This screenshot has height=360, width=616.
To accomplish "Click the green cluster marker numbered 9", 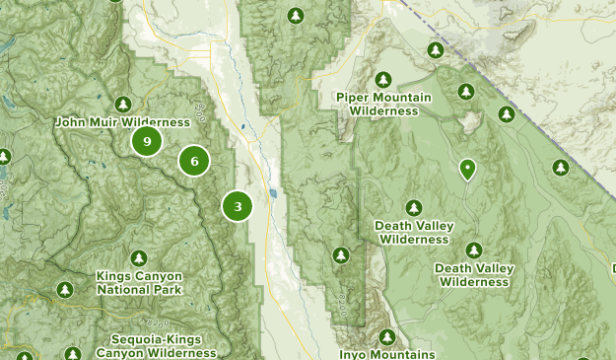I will click(147, 142).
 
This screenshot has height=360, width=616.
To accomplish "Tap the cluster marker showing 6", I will click(195, 161).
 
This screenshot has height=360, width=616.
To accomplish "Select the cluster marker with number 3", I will click(238, 206).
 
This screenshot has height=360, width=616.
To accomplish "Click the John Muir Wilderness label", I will click(122, 122).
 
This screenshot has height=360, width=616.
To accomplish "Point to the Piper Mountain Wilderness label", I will click(383, 105).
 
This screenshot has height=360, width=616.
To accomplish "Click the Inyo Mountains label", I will click(386, 354).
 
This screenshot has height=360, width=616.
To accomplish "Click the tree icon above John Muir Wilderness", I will click(122, 104).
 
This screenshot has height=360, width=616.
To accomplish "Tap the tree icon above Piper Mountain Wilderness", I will click(383, 80).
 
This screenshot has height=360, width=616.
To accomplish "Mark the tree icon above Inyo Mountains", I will click(387, 336).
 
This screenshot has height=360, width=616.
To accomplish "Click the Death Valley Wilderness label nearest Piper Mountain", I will click(414, 232).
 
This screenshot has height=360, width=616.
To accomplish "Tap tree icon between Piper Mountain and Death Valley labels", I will click(414, 207).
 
